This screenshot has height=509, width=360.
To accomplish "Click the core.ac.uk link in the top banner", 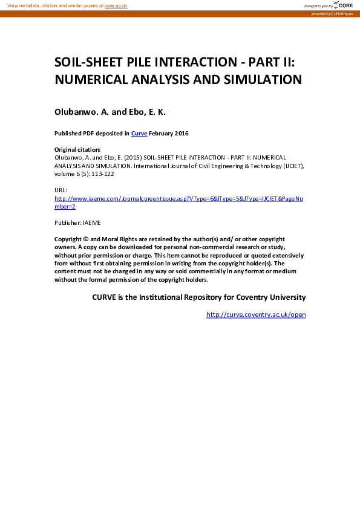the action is [116, 5].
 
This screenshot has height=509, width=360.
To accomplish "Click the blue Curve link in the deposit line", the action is [139, 134].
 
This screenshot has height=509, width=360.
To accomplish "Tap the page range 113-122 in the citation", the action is [102, 174].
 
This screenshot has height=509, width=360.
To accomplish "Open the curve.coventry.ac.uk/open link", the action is [256, 315].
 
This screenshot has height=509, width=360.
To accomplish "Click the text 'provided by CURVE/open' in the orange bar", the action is [332, 13].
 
